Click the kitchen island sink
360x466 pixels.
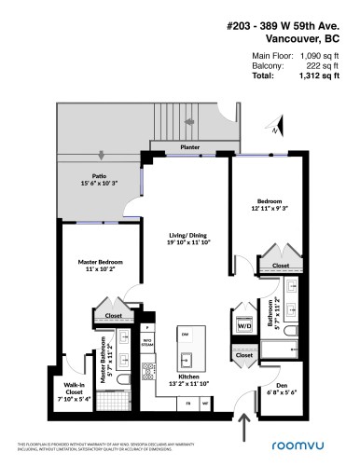186,357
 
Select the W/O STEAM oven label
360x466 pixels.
146,343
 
